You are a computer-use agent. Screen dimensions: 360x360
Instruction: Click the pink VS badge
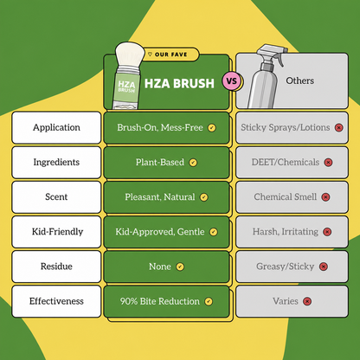pyautogui.click(x=232, y=81)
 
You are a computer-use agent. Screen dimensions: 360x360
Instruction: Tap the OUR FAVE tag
pyautogui.click(x=170, y=55)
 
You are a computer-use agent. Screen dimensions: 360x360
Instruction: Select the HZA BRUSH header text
pyautogui.click(x=179, y=84)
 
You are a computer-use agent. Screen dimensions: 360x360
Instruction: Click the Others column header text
pyautogui.click(x=300, y=80)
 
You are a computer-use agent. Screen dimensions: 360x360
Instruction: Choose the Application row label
pyautogui.click(x=56, y=127)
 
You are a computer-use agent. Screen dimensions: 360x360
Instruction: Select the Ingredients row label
pyautogui.click(x=56, y=162)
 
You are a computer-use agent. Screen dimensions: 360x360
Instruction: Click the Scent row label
pyautogui.click(x=56, y=196)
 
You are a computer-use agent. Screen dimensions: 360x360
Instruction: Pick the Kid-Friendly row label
pyautogui.click(x=57, y=231)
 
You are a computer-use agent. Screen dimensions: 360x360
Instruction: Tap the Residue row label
pyautogui.click(x=56, y=267)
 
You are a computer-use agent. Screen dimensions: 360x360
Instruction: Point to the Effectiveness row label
pyautogui.click(x=56, y=301)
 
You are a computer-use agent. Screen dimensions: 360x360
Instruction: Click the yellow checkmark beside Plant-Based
pyautogui.click(x=193, y=163)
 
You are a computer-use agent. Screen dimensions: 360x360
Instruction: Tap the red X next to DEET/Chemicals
pyautogui.click(x=328, y=163)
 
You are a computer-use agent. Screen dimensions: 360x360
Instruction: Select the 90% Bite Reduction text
pyautogui.click(x=160, y=301)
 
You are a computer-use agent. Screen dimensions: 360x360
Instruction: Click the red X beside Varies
pyautogui.click(x=307, y=301)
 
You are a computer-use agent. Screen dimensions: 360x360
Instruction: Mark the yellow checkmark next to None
pyautogui.click(x=180, y=267)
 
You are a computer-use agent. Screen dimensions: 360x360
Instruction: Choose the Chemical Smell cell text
pyautogui.click(x=286, y=196)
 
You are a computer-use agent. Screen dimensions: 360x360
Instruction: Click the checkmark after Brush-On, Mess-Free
pyautogui.click(x=212, y=128)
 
